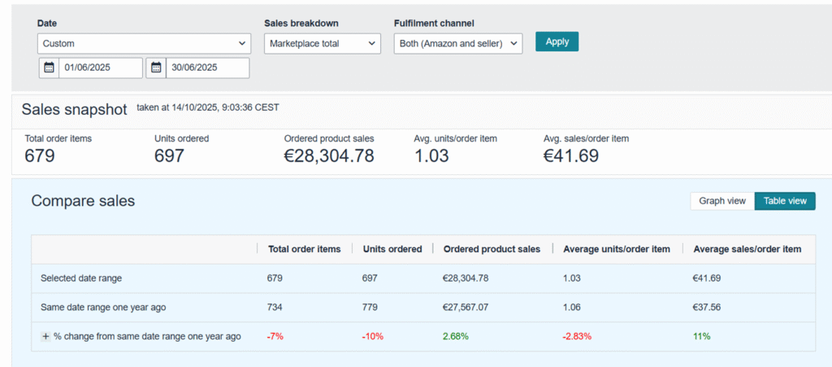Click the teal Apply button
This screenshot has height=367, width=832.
557,42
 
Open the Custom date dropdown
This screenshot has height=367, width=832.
144,43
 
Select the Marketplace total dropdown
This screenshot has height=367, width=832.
322,43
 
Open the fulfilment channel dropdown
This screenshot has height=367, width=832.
457,43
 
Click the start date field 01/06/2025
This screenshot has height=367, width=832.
100,68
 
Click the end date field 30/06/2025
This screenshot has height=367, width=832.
207,68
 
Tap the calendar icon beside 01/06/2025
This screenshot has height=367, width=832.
49,68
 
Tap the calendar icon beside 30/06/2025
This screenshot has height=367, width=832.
156,68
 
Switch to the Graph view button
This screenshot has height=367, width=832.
721,201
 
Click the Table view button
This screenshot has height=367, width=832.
785,201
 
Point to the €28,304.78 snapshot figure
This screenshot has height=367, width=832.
329,155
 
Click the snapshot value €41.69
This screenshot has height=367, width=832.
571,155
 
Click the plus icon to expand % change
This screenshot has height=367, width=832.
46,336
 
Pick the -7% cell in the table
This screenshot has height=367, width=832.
275,336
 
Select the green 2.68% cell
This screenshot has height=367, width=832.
455,336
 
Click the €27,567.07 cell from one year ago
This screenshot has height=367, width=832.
466,307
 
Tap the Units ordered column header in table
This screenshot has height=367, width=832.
392,249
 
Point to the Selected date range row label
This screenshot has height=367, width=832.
81,278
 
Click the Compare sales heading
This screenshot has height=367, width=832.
83,200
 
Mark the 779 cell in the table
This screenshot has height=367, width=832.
370,307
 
